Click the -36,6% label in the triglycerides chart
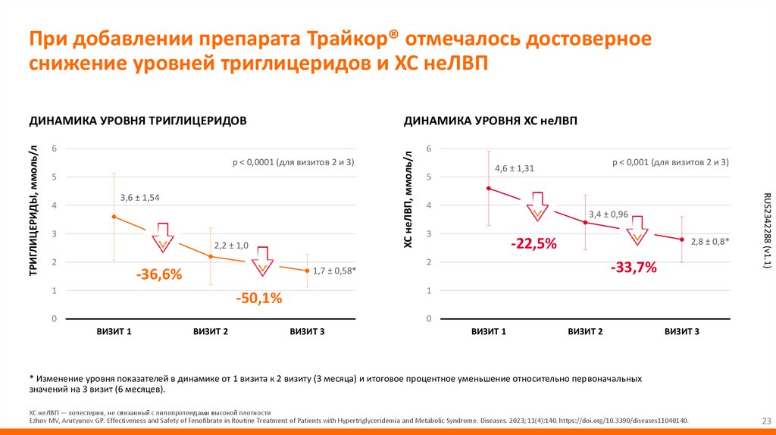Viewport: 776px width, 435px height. (x=159, y=275)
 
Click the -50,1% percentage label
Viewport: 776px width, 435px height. (x=258, y=299)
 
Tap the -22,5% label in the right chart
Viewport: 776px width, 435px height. (x=533, y=243)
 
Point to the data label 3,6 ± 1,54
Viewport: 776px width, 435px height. (x=140, y=198)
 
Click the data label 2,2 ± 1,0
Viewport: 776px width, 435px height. (x=232, y=246)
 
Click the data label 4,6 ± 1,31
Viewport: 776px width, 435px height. (x=515, y=168)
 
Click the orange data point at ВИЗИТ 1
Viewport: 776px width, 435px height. (x=114, y=217)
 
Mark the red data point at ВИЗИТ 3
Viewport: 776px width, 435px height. (x=682, y=239)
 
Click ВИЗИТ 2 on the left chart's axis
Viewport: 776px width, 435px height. (x=211, y=332)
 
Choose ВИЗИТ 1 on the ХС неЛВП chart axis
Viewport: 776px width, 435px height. (x=489, y=332)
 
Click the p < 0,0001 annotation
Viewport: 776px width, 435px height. (x=293, y=162)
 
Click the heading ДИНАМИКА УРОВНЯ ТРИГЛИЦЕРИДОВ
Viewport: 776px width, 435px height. (x=138, y=120)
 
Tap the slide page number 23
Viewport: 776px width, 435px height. (x=764, y=421)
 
